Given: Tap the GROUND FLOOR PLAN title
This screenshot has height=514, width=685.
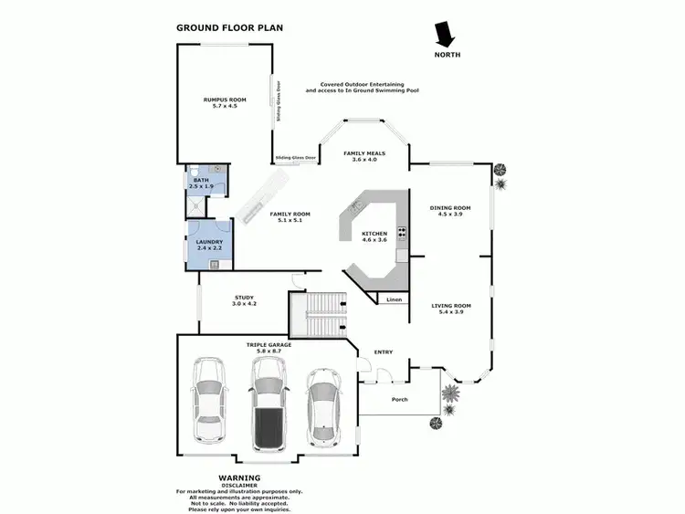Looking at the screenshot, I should (x=229, y=27).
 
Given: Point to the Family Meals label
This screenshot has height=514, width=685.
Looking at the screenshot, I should (x=361, y=156).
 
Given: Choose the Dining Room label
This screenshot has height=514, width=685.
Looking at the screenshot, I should (x=449, y=211).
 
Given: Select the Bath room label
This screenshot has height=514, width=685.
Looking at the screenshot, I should (x=201, y=184).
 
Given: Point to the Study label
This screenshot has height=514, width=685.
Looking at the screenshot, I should (x=244, y=300).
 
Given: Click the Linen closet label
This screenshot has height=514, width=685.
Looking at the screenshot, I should (x=394, y=299).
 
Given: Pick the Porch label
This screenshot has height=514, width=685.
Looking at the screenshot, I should (x=400, y=400).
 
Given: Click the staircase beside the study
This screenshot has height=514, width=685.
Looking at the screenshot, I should (x=319, y=314).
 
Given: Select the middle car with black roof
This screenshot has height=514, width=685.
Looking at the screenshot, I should (x=268, y=404).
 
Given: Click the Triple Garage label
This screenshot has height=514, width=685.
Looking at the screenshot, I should (x=268, y=347).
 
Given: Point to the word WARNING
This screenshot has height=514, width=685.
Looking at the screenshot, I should (x=239, y=477).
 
